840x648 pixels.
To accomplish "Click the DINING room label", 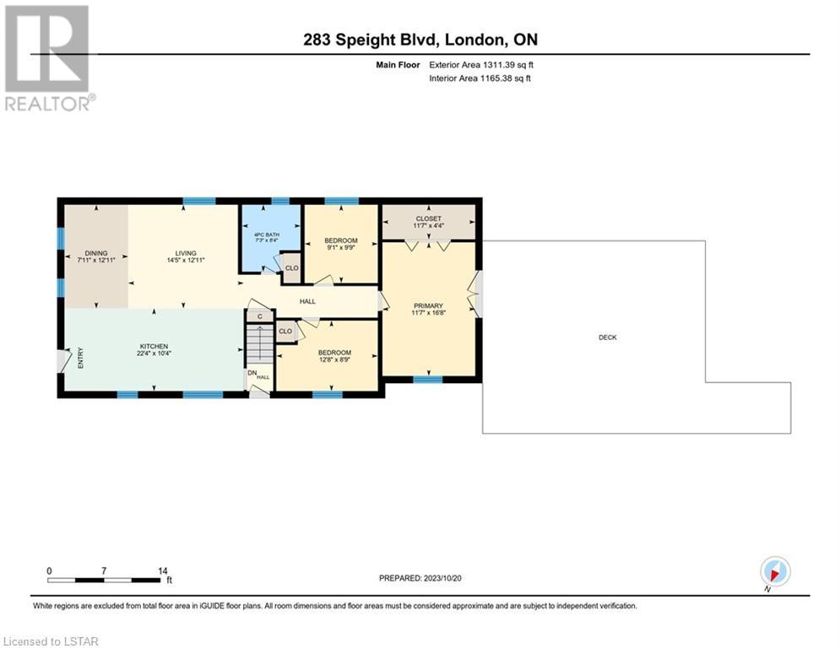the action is pyautogui.click(x=96, y=253).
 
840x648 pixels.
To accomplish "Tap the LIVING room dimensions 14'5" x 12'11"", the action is pyautogui.click(x=186, y=260).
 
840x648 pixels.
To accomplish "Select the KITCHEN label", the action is pyautogui.click(x=154, y=347).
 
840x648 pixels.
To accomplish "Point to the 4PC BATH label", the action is pyautogui.click(x=267, y=235).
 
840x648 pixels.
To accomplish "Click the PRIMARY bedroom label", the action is pyautogui.click(x=429, y=305).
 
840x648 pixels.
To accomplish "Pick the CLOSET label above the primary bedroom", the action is pyautogui.click(x=429, y=219).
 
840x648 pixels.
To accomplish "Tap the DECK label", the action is pyautogui.click(x=608, y=337).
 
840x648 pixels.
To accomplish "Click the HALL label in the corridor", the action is pyautogui.click(x=307, y=301).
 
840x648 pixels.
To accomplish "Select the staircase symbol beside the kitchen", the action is pyautogui.click(x=260, y=343).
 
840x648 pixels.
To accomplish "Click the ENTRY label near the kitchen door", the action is pyautogui.click(x=80, y=358).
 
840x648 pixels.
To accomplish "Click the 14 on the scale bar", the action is pyautogui.click(x=163, y=571).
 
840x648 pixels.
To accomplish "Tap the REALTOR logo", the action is pyautogui.click(x=49, y=58).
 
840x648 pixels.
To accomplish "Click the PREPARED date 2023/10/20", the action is pyautogui.click(x=442, y=578).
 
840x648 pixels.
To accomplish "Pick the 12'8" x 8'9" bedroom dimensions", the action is pyautogui.click(x=335, y=360).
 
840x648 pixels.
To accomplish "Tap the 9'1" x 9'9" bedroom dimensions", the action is pyautogui.click(x=341, y=247).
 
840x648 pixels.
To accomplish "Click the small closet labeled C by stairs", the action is pyautogui.click(x=260, y=316).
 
